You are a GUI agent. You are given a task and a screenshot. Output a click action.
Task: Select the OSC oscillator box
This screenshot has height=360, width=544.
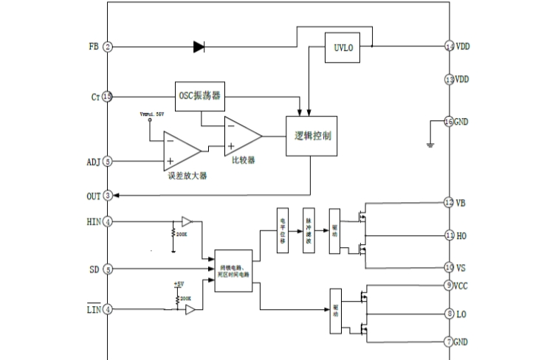coord(199,96)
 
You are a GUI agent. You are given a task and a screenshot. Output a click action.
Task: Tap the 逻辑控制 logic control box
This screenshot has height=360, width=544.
coord(311,136)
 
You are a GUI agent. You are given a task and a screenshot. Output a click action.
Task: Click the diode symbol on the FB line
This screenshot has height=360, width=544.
coord(199,47)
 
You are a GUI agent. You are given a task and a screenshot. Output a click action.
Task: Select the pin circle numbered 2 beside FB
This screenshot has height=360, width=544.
coord(108,47)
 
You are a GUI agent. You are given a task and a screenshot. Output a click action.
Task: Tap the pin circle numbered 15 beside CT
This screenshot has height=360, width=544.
coord(108,97)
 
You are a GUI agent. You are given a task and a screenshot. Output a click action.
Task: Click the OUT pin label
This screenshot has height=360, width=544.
coord(93,195)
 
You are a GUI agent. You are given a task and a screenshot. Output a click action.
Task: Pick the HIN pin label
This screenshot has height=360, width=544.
coord(93,221)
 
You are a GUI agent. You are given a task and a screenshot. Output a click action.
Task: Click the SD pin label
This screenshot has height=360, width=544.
coord(94,270)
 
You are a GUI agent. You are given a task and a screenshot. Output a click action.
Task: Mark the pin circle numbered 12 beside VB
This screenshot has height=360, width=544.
coord(449,203)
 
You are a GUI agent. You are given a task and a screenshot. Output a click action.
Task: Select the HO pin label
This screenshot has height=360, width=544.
coord(461,235)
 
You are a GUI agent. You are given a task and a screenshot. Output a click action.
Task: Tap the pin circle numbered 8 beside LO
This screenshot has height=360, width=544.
coord(449,314)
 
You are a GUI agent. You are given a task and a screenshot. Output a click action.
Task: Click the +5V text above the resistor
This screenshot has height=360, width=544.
coord(178,284)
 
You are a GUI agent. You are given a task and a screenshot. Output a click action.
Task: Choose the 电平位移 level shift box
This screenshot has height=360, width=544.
coord(282,231)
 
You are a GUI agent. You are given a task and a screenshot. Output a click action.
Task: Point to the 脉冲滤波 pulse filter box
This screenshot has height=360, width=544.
coord(309,231)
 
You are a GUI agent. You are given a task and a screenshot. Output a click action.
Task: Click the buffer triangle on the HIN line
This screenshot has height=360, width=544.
coord(187,221)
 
